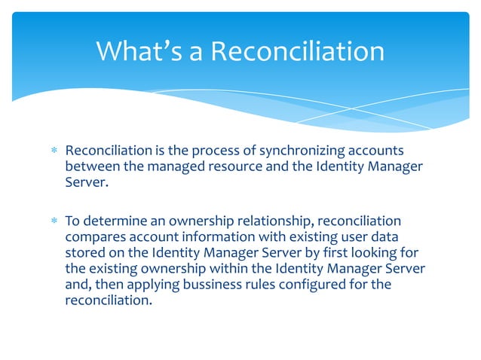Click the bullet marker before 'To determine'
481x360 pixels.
pos(54,222)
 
